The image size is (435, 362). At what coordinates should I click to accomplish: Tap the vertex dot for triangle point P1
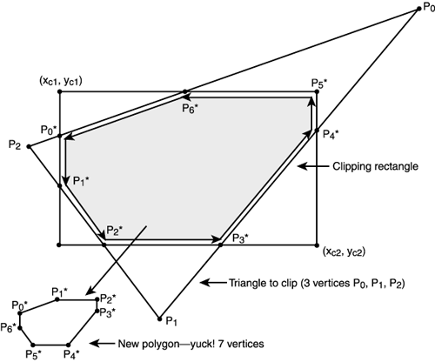[x=159, y=315]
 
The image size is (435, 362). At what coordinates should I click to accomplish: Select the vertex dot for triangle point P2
[x=29, y=146]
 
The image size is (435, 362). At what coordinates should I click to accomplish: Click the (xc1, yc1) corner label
[x=62, y=81]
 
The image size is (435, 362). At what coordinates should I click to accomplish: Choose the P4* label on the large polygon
[x=331, y=134]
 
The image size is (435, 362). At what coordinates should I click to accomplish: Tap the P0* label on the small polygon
[x=18, y=304]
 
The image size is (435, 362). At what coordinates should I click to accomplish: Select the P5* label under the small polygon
[x=33, y=354]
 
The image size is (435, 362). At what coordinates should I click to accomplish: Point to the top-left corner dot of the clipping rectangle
[x=58, y=91]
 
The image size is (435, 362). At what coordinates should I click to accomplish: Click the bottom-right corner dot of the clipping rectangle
[x=317, y=245]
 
